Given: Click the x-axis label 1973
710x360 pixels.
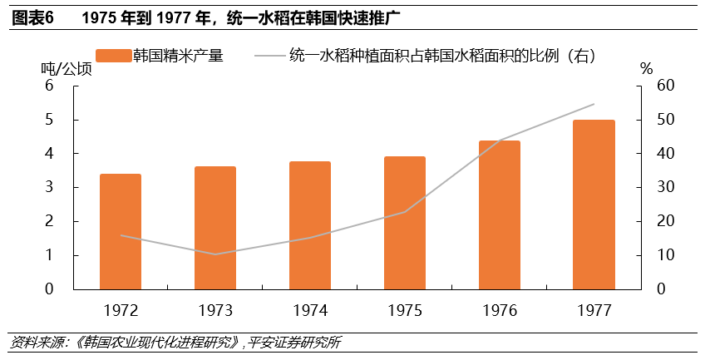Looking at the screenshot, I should pyautogui.click(x=215, y=310).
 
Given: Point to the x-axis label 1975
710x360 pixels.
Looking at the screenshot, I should pyautogui.click(x=404, y=310).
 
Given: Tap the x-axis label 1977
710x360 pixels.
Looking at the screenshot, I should pyautogui.click(x=594, y=310).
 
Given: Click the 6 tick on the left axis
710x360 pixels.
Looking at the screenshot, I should pyautogui.click(x=49, y=86).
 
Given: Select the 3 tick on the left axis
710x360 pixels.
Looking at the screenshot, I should pyautogui.click(x=49, y=188).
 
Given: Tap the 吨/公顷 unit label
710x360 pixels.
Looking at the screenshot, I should pyautogui.click(x=65, y=69).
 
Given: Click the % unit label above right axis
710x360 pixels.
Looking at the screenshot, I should pyautogui.click(x=647, y=69).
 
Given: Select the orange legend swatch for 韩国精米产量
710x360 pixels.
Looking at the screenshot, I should pyautogui.click(x=114, y=56).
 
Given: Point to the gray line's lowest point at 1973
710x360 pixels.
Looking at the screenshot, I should pyautogui.click(x=215, y=254).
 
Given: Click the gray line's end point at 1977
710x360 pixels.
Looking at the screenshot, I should pyautogui.click(x=594, y=104).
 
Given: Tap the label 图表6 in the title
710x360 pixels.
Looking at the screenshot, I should pyautogui.click(x=32, y=18).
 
